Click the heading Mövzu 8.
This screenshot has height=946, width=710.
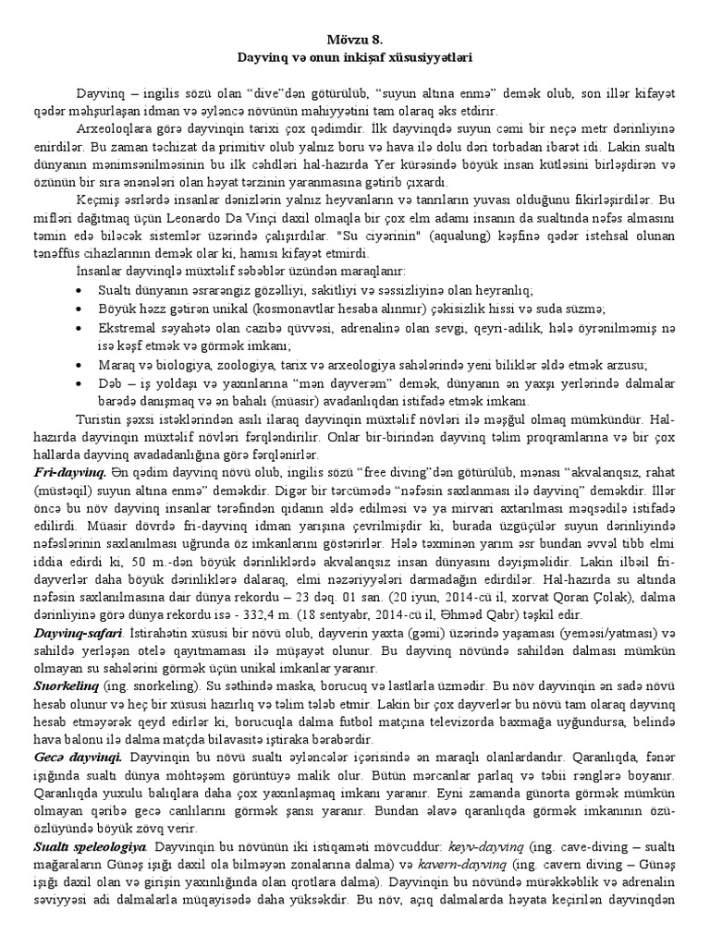tap(354, 40)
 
